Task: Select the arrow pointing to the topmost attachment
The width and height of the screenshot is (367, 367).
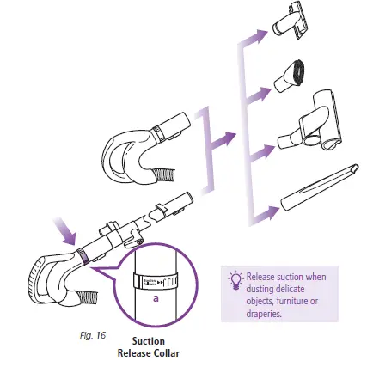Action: pos(256,37)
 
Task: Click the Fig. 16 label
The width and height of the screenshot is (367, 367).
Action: pos(86,330)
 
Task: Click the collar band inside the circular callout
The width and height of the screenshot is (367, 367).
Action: pos(156,282)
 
